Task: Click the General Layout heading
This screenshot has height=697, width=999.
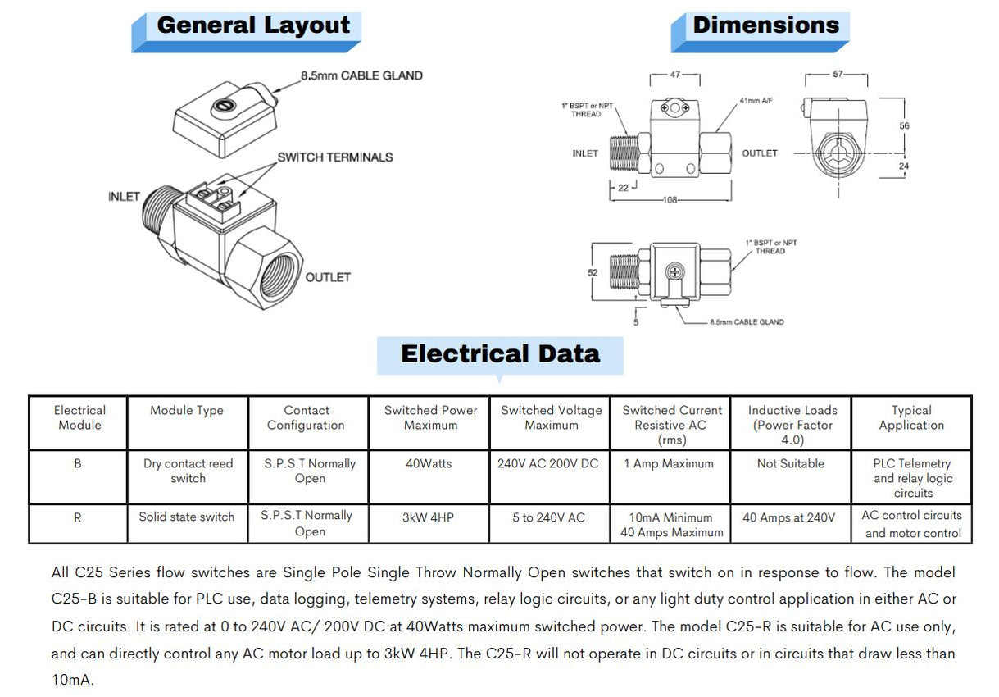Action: [253, 25]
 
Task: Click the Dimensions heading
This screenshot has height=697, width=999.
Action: [766, 25]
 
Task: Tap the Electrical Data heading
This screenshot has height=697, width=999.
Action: [500, 354]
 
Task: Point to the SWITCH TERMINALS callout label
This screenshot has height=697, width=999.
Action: [334, 157]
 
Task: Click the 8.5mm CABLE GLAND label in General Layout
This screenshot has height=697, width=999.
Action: [361, 75]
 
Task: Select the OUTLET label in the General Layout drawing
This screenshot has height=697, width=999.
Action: [328, 277]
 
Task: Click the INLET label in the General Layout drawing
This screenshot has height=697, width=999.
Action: [124, 197]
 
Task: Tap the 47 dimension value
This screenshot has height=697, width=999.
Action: [675, 75]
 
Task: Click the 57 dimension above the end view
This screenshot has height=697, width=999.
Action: [838, 75]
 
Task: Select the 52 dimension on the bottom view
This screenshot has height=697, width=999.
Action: [593, 272]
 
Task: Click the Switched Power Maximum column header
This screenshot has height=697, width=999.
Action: [430, 417]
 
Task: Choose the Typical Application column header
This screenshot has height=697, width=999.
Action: [911, 417]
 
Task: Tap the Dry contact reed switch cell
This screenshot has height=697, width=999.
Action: [188, 471]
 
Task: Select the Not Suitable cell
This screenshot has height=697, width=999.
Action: [791, 463]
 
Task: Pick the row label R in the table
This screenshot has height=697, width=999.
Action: [78, 517]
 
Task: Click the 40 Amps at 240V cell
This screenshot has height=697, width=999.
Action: [788, 517]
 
